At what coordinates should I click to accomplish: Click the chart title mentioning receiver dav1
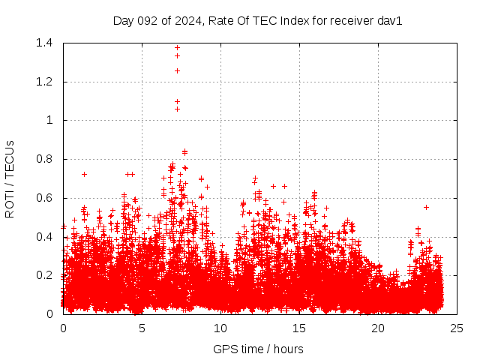coord(257,20)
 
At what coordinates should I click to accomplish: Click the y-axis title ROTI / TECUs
coord(10,178)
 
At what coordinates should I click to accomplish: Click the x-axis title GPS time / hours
coord(257,349)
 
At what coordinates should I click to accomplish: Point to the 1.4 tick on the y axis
coord(43,43)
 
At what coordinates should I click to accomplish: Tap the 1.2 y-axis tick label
coord(43,82)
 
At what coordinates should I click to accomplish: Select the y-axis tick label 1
coord(49,120)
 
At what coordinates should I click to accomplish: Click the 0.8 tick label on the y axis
coord(43,159)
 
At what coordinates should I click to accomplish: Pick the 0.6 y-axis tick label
coord(43,198)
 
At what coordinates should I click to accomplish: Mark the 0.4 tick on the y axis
coord(43,237)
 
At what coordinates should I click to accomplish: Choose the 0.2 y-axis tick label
coord(43,275)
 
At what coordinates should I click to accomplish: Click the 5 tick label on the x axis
coord(142,328)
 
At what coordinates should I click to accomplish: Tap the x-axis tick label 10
coord(220,328)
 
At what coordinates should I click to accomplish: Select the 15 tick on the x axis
coord(299,328)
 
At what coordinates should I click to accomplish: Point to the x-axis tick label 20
coord(378,328)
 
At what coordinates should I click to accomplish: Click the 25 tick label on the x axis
coord(457,328)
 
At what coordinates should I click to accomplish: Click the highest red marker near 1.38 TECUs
coord(177,47)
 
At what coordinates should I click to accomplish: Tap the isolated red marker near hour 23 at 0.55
coord(426,207)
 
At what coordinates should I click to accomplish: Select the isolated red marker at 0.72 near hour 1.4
coord(84,174)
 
